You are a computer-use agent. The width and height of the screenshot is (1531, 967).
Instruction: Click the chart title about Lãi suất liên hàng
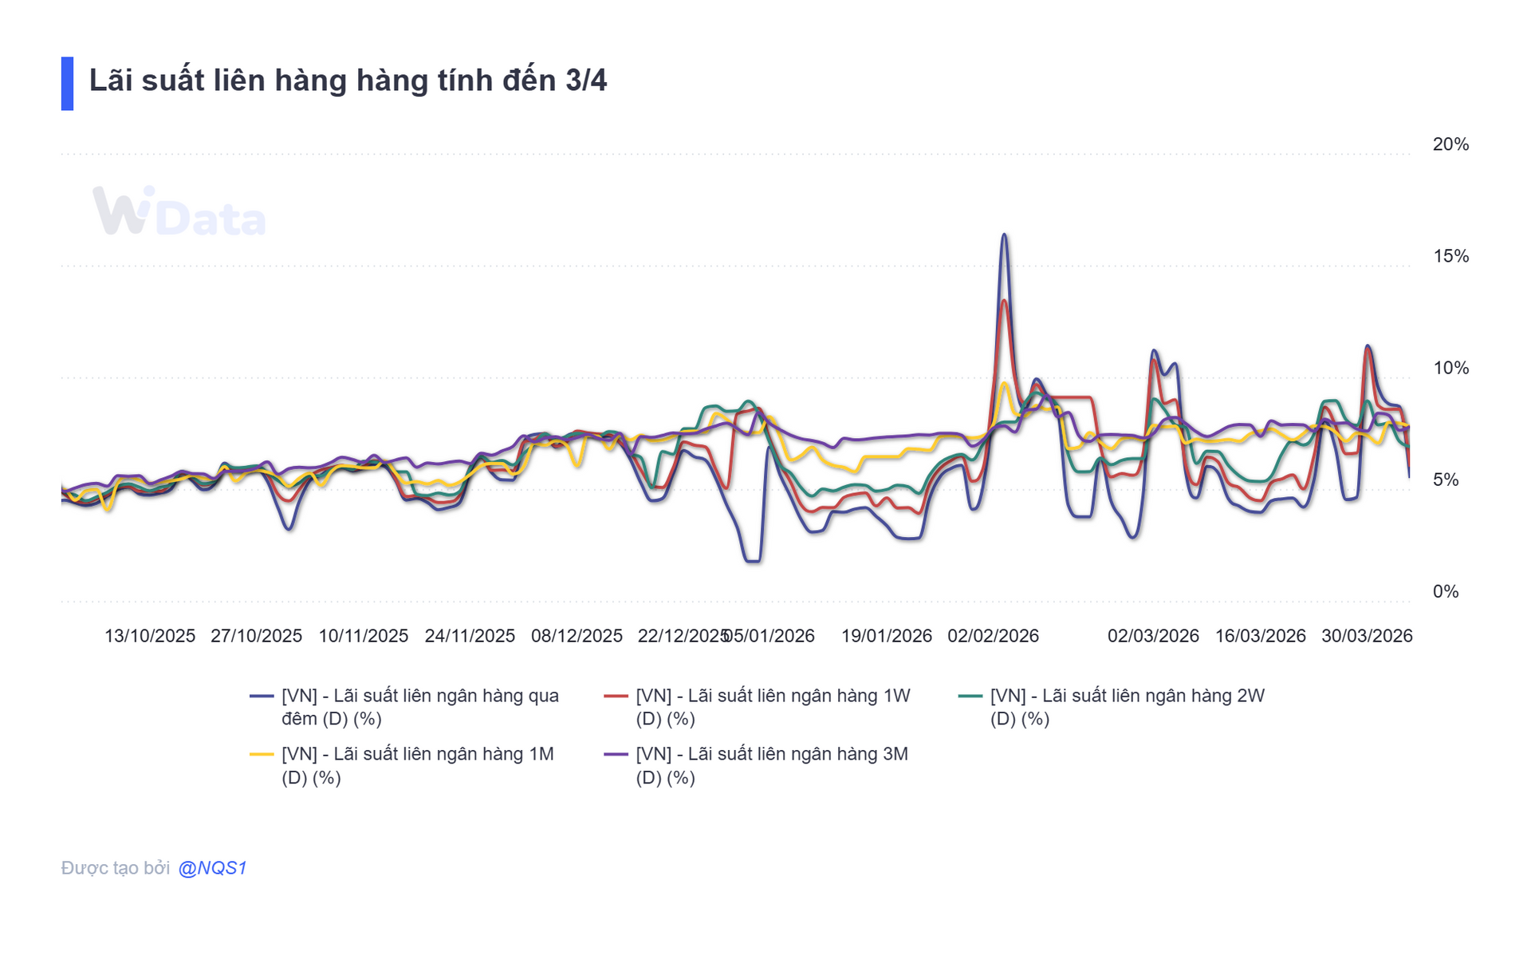click(x=348, y=81)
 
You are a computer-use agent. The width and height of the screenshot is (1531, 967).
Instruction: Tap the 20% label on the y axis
click(x=1450, y=144)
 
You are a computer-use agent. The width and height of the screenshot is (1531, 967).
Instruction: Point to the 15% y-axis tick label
click(x=1450, y=256)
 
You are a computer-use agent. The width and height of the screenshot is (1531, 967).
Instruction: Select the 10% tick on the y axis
click(x=1450, y=368)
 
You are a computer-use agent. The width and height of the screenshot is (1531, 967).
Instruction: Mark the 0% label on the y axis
click(x=1446, y=591)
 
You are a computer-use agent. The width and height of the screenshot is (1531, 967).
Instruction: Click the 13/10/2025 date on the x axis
click(x=150, y=636)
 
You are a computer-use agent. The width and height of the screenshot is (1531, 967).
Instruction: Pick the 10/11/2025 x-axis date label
click(x=363, y=636)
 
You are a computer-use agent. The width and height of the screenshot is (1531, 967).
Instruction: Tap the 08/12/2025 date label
click(x=577, y=636)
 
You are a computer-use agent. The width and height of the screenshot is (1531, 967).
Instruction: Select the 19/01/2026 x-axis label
click(x=886, y=636)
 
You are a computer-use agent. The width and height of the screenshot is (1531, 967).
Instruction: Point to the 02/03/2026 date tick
click(x=1153, y=636)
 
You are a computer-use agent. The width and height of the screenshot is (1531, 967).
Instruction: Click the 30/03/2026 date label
click(x=1367, y=636)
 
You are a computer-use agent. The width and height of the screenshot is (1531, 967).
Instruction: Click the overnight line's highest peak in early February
click(x=1004, y=235)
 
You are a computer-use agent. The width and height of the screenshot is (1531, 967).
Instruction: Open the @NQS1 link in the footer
click(x=212, y=868)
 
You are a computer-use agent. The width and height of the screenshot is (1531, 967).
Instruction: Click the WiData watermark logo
click(x=179, y=212)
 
